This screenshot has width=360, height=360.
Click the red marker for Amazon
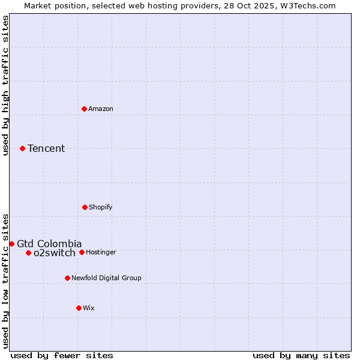(85, 109)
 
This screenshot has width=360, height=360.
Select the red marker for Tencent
(23, 148)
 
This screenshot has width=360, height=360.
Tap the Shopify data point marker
(85, 207)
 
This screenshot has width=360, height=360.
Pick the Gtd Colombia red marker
(11, 244)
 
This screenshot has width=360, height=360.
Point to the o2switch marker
(28, 253)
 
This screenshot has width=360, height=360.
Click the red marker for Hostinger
(82, 252)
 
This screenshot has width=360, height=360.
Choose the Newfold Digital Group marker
(67, 278)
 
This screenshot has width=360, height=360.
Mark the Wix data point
(79, 308)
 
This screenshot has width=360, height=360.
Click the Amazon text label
(101, 109)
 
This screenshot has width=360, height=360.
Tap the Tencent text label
(46, 148)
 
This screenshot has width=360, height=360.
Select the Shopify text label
(101, 207)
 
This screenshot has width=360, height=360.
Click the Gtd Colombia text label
(49, 244)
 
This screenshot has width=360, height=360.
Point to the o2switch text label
(55, 253)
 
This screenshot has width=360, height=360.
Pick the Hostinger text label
(101, 252)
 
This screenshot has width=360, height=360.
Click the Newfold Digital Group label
(106, 278)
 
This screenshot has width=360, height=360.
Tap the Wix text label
(89, 308)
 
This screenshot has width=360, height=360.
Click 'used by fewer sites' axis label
(62, 355)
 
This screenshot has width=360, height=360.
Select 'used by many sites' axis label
(301, 355)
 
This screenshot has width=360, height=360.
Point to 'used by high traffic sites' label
(5, 85)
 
